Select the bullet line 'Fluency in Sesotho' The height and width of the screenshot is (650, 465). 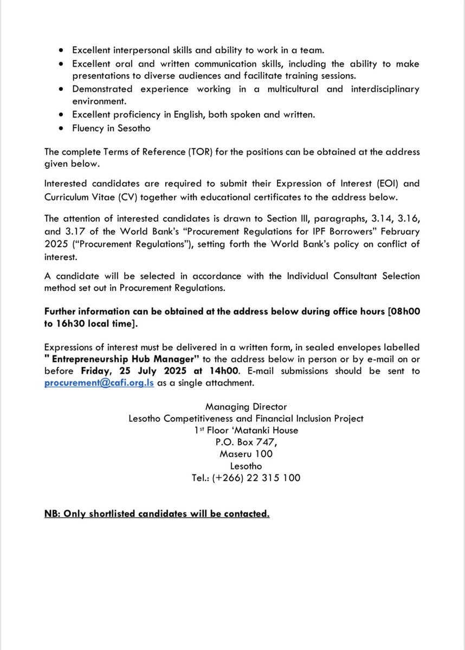111,128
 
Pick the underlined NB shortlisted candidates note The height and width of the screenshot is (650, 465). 157,513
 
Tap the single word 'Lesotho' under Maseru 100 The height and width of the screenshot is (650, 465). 246,466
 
